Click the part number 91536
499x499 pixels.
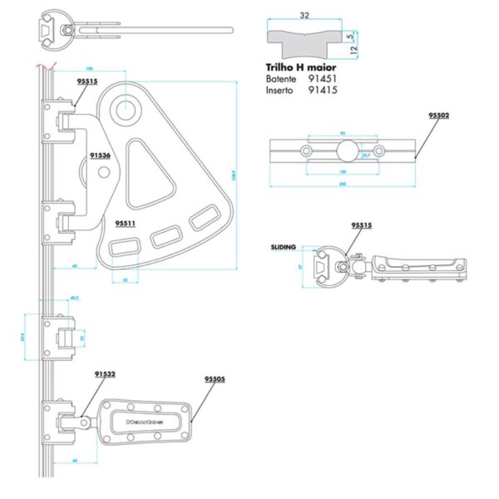point(100,156)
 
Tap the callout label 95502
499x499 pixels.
point(438,116)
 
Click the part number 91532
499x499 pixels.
point(105,375)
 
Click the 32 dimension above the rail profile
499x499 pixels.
point(304,14)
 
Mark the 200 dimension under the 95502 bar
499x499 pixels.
point(342,184)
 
